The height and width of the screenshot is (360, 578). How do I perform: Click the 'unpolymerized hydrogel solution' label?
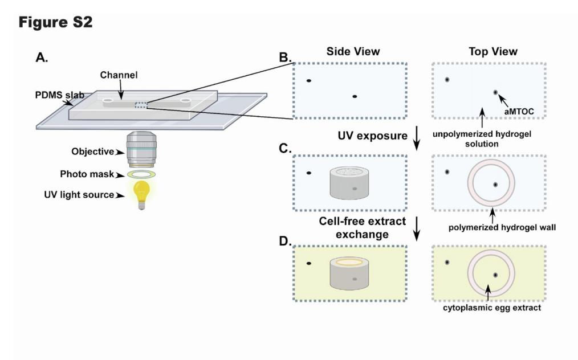[x=482, y=137]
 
